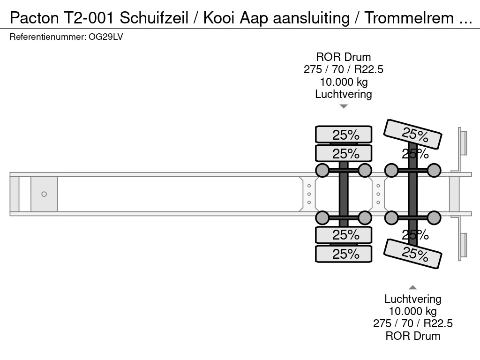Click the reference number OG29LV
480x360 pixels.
(105, 37)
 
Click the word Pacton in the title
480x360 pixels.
(34, 18)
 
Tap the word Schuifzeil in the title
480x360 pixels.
(154, 18)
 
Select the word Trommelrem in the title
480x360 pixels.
(409, 18)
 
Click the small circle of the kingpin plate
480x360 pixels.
(44, 194)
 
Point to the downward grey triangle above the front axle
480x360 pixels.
(344, 106)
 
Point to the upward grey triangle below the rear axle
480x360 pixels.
(412, 287)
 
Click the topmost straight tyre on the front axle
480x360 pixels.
(344, 135)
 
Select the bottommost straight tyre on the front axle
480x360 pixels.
(344, 254)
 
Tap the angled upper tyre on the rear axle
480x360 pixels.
(412, 134)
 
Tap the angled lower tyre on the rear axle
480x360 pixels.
(412, 254)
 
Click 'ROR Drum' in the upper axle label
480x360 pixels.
(344, 57)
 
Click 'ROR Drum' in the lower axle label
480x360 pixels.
(412, 336)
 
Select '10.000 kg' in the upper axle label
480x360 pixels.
(344, 82)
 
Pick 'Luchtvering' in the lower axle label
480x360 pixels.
(412, 299)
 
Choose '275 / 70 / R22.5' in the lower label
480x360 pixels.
(412, 323)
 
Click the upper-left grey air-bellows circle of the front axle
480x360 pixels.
(322, 171)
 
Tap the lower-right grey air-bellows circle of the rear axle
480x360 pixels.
(434, 217)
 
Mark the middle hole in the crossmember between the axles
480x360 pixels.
(378, 194)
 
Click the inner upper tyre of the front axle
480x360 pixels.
(344, 153)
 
